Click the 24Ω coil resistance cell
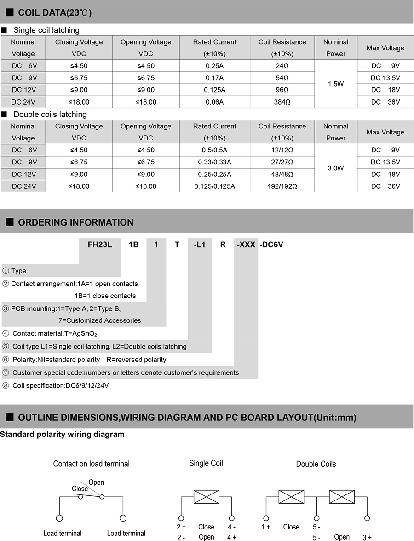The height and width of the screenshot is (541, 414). tap(282, 66)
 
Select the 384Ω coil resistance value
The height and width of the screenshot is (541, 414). tap(282, 102)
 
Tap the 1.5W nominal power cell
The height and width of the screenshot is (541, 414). tap(335, 84)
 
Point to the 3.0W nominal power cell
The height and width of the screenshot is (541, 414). tap(335, 169)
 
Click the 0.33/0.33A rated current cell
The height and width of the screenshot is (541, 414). tap(214, 162)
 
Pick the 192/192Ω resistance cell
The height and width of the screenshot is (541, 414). tap(282, 186)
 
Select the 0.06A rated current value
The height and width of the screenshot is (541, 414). tap(214, 102)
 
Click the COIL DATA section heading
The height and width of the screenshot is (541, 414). tap(55, 13)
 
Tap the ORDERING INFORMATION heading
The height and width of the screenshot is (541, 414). tap(75, 222)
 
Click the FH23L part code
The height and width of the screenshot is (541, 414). tap(100, 244)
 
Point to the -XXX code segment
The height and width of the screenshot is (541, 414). tap(246, 244)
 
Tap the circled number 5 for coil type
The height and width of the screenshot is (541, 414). tap(6, 346)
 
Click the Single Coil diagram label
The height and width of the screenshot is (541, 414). tap(206, 463)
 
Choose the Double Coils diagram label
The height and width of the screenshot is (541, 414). tap(316, 464)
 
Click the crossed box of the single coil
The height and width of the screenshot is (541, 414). tap(206, 497)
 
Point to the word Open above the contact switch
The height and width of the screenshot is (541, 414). tap(96, 483)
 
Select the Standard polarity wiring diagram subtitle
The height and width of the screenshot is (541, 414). tap(62, 434)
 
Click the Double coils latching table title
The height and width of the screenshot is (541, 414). tap(50, 114)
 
